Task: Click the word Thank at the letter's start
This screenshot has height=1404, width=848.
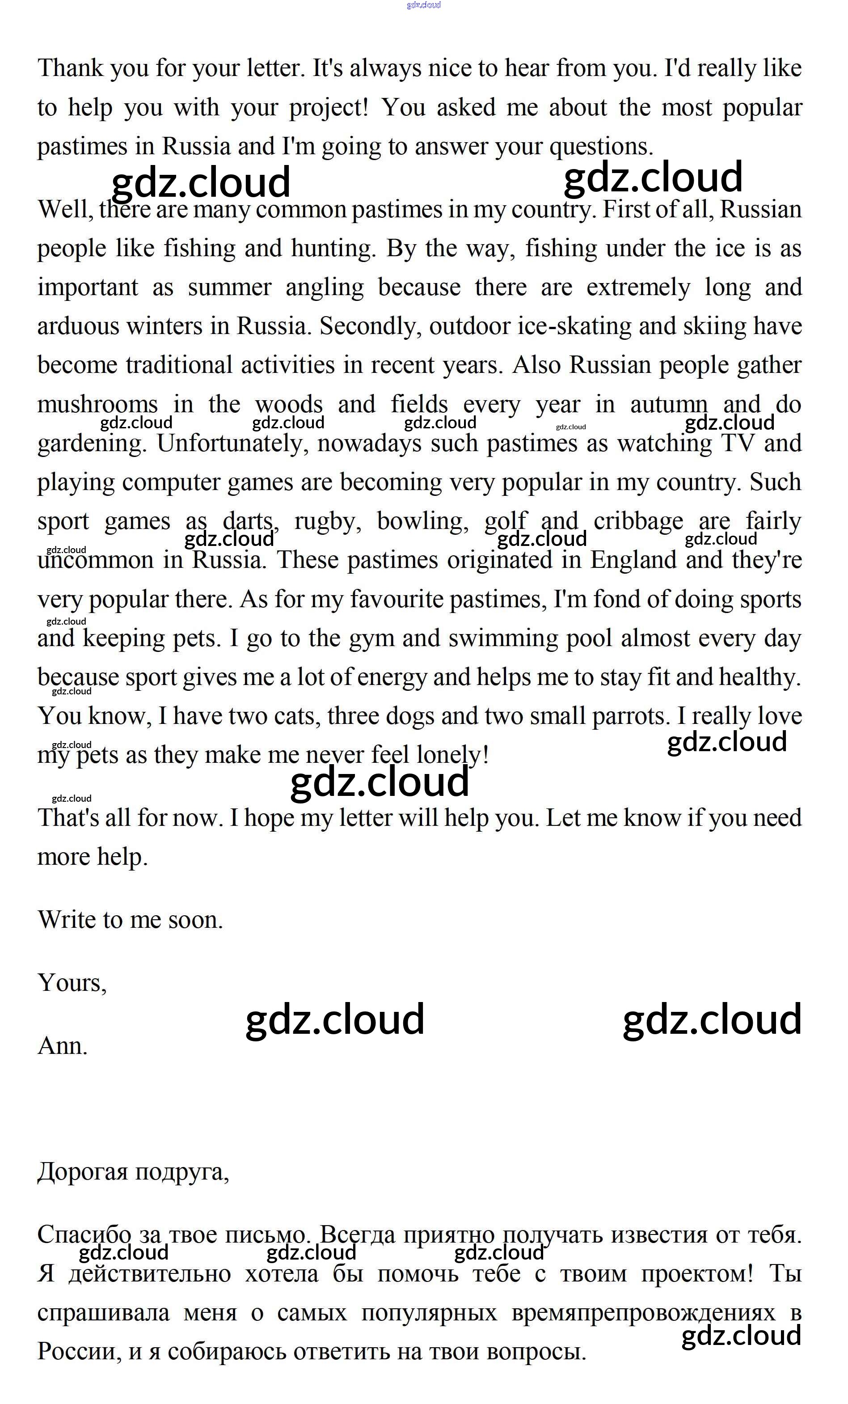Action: (x=70, y=68)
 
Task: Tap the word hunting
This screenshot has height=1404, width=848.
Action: (x=333, y=249)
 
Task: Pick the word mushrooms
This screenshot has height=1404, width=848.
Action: (x=97, y=405)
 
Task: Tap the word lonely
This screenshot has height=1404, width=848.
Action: (x=451, y=756)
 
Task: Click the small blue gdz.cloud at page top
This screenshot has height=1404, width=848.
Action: (x=423, y=5)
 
